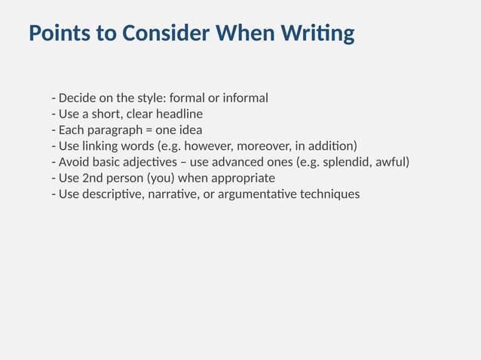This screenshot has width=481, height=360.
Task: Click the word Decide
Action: pos(78,99)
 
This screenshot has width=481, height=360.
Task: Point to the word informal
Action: pos(244,99)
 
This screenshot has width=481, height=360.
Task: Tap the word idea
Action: pos(190,130)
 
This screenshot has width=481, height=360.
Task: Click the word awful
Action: pos(391,162)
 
